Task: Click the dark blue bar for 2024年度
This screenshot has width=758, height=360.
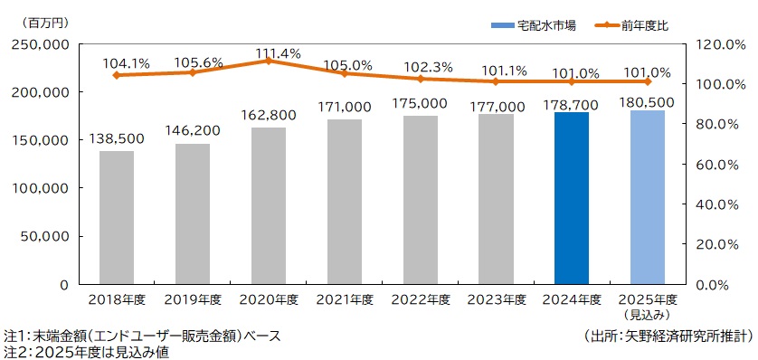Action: tap(571, 197)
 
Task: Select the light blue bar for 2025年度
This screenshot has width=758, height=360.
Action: tap(647, 196)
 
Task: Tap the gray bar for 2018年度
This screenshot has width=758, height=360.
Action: tap(116, 217)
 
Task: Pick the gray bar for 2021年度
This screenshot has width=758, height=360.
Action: tap(344, 201)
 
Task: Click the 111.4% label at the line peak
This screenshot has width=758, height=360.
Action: tap(268, 54)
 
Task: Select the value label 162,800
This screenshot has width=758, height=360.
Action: tap(268, 116)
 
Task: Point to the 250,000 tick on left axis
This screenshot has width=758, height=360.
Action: tap(42, 44)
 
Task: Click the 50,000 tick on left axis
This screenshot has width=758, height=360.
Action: tap(45, 237)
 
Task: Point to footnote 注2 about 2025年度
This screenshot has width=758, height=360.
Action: tap(86, 352)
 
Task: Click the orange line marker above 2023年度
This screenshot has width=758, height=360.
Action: tap(496, 81)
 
